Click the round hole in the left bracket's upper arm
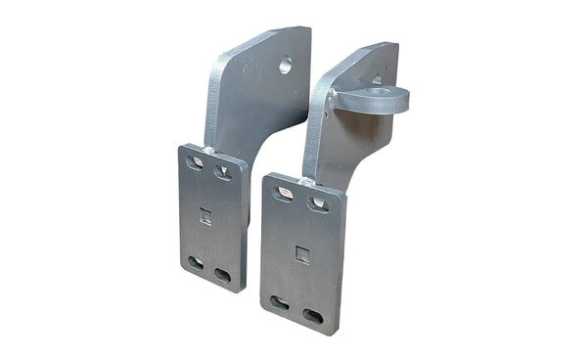(285, 67)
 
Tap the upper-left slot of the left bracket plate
(196, 162)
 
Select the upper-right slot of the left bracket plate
(223, 172)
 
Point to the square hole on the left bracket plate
(205, 216)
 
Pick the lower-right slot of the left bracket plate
(222, 275)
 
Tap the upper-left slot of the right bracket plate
(284, 194)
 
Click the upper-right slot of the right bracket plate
(317, 204)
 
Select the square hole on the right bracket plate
(302, 254)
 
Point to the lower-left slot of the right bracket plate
(280, 303)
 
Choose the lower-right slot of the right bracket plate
(313, 316)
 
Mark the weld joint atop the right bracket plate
(307, 182)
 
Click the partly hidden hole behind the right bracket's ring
(377, 80)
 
